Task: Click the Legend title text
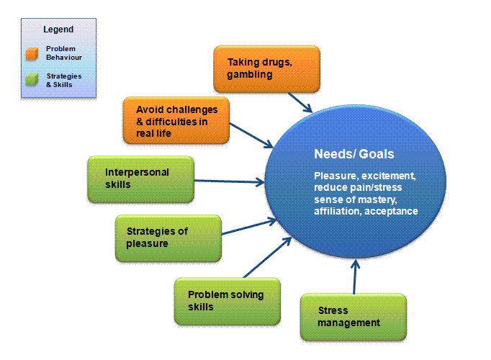point(58,30)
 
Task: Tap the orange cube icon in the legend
point(32,53)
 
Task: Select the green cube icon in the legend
point(32,79)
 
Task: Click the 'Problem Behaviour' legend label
point(64,53)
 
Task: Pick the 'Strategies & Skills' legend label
point(64,81)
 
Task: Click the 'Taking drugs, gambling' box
point(267,69)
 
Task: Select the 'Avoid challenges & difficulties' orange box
point(176,120)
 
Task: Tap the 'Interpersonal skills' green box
point(141,179)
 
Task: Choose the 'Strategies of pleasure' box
point(168,238)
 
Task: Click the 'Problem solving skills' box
point(228,301)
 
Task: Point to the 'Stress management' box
point(353,317)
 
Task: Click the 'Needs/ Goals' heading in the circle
point(353,154)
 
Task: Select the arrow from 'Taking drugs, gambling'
point(300,102)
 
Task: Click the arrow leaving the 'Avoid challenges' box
point(251,135)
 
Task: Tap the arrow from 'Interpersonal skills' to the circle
point(229,181)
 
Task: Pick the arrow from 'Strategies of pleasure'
point(249,227)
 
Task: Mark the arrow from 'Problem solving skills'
point(267,257)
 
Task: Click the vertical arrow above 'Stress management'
point(355,276)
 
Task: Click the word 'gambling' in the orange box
point(250,75)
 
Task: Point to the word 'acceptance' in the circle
point(391,211)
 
